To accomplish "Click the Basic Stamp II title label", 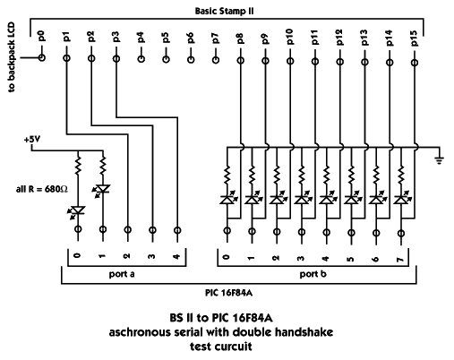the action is pyautogui.click(x=224, y=11).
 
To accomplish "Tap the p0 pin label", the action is pyautogui.click(x=41, y=36).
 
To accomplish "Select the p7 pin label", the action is pyautogui.click(x=216, y=39).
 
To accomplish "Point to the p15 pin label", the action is pyautogui.click(x=415, y=39).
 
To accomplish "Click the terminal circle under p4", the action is pyautogui.click(x=141, y=59).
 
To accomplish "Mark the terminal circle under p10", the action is pyautogui.click(x=290, y=61).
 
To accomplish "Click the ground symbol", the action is pyautogui.click(x=440, y=160).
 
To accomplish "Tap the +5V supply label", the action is pyautogui.click(x=32, y=139).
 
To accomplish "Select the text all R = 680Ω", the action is pyautogui.click(x=42, y=189).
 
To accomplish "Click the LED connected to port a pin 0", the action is pyautogui.click(x=77, y=211).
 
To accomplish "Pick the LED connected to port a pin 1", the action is pyautogui.click(x=102, y=190).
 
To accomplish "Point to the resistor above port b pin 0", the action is pyautogui.click(x=227, y=175).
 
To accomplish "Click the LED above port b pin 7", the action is pyautogui.click(x=402, y=199).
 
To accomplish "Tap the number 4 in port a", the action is pyautogui.click(x=176, y=256).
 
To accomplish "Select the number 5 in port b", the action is pyautogui.click(x=351, y=258).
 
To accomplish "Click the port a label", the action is pyautogui.click(x=122, y=274).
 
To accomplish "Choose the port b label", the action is pyautogui.click(x=313, y=274).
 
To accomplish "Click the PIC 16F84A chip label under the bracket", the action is pyautogui.click(x=228, y=293).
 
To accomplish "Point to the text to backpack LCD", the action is pyautogui.click(x=11, y=57).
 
